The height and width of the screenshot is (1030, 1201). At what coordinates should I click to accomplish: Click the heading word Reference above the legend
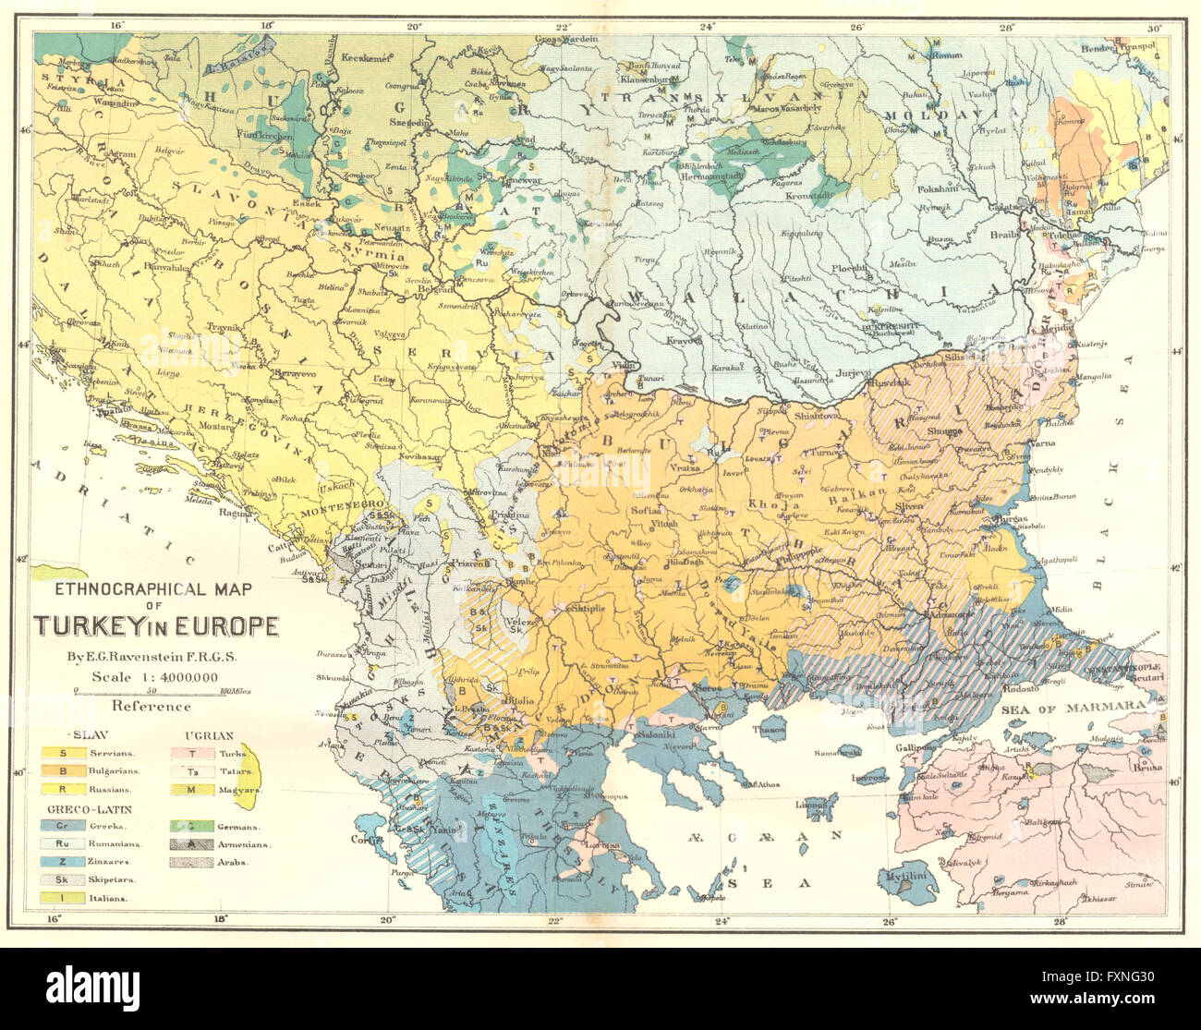click(151, 707)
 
